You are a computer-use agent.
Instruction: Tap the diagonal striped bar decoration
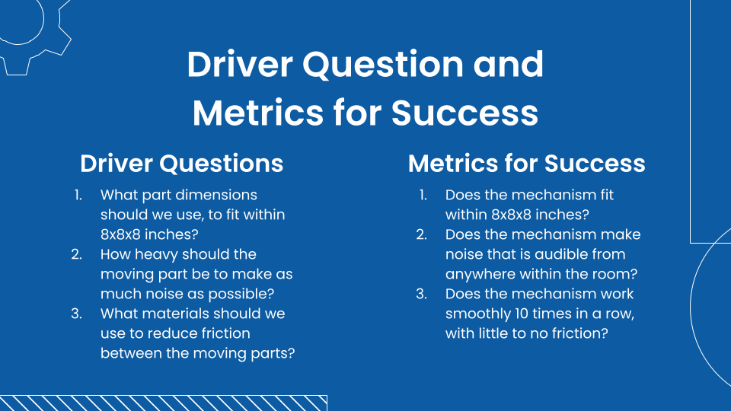point(163,403)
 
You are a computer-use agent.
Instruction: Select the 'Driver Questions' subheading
point(182,164)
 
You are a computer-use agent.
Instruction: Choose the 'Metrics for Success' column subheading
point(526,164)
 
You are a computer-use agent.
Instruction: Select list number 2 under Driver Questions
point(77,254)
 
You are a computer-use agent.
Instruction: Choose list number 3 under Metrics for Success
point(421,294)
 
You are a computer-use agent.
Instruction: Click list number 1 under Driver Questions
point(78,195)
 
